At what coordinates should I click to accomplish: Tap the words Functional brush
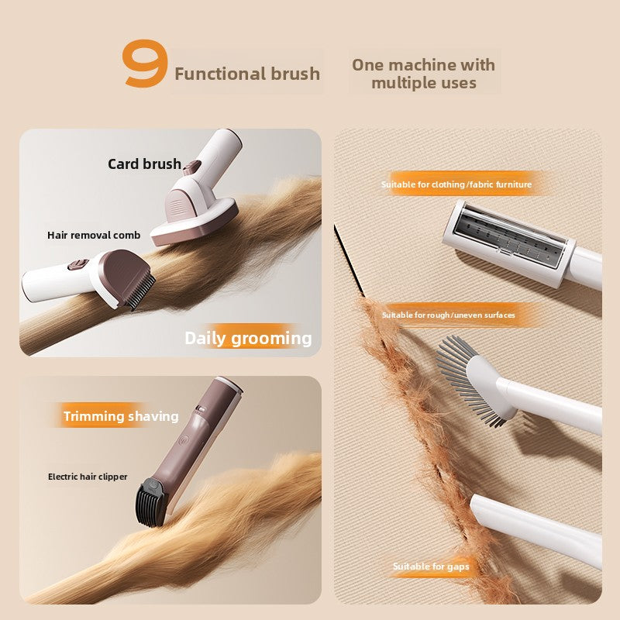[246, 74]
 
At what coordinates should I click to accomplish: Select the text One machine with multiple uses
[423, 73]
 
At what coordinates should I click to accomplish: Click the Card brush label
[144, 164]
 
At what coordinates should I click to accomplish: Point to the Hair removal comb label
[94, 235]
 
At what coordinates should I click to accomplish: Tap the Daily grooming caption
[248, 338]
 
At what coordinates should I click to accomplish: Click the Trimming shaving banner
[121, 416]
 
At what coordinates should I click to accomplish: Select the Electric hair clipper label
[88, 477]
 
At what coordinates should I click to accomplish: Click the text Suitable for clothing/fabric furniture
[456, 184]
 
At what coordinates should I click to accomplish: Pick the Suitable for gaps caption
[431, 567]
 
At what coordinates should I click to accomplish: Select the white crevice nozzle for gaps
[535, 527]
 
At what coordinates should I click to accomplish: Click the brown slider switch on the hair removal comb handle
[75, 264]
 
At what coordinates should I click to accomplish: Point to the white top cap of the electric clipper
[228, 383]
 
